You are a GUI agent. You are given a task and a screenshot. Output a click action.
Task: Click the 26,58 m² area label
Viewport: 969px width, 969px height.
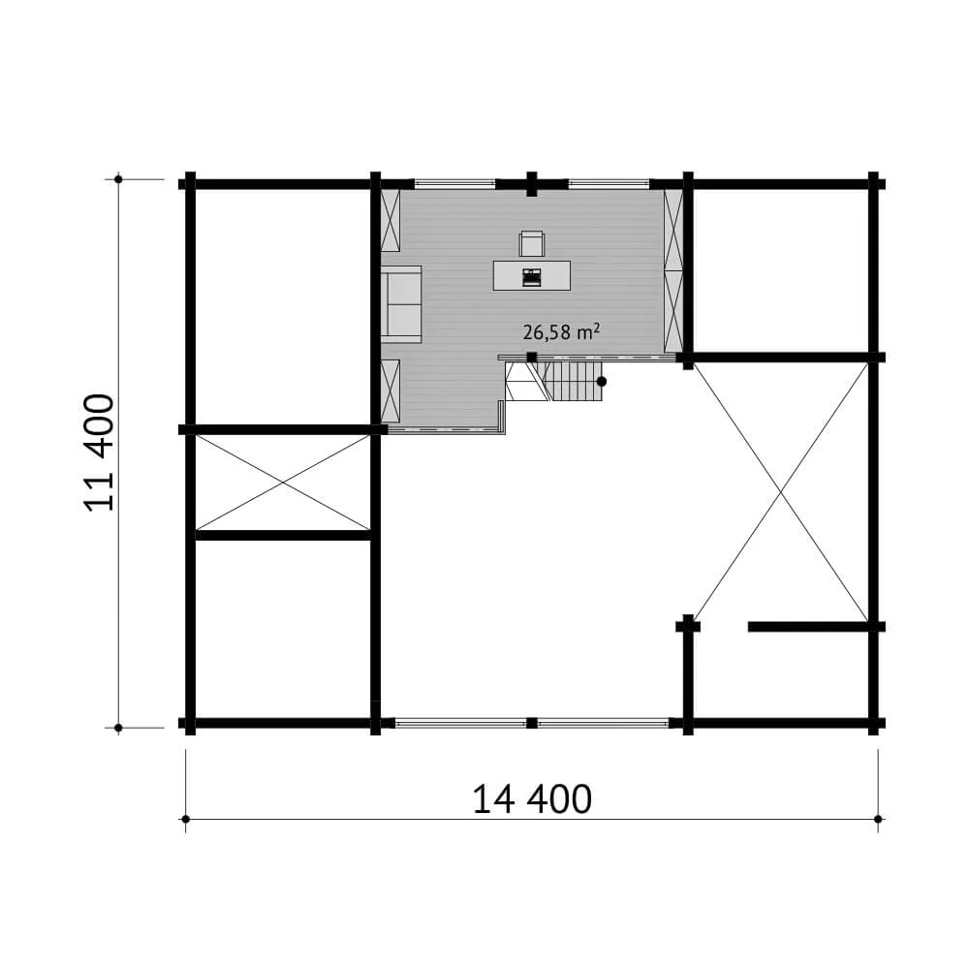click(x=561, y=332)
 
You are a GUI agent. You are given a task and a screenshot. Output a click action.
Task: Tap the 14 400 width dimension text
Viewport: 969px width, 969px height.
click(x=532, y=799)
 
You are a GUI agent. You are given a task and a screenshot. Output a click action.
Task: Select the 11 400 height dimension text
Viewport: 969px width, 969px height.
click(x=100, y=453)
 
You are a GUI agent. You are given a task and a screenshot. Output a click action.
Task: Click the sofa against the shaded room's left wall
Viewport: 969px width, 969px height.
click(x=401, y=303)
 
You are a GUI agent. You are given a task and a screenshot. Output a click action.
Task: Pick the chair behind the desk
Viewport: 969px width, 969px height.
click(x=532, y=243)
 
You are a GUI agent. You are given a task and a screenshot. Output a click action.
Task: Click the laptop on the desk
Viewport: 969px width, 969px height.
click(x=531, y=277)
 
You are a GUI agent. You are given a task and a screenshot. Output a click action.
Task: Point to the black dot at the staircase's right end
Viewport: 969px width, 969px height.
click(x=602, y=382)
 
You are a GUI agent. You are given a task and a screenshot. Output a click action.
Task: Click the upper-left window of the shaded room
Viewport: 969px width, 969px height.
click(x=454, y=182)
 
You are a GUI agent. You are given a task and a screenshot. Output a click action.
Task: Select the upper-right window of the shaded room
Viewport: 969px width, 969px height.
click(x=609, y=182)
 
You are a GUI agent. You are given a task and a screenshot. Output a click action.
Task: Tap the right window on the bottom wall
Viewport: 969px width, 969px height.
click(x=603, y=723)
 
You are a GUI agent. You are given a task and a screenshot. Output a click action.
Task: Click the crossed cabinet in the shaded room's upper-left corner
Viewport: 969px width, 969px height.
click(x=391, y=222)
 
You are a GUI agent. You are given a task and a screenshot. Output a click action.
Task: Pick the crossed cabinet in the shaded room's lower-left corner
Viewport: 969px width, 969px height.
click(x=391, y=391)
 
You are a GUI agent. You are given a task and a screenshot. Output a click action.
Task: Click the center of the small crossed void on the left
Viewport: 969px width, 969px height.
click(x=283, y=482)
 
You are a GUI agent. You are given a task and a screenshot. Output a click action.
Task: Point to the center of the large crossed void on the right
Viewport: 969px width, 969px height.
click(x=781, y=491)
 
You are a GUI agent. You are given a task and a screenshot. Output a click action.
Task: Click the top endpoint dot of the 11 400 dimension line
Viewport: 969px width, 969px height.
click(x=118, y=179)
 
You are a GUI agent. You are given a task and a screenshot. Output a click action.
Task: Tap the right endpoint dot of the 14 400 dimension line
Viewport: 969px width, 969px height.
click(x=878, y=819)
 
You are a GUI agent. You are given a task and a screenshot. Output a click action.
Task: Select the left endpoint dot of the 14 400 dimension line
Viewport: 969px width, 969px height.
click(x=185, y=819)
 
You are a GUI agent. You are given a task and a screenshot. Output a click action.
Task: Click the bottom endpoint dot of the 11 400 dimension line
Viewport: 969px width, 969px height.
click(x=118, y=727)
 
